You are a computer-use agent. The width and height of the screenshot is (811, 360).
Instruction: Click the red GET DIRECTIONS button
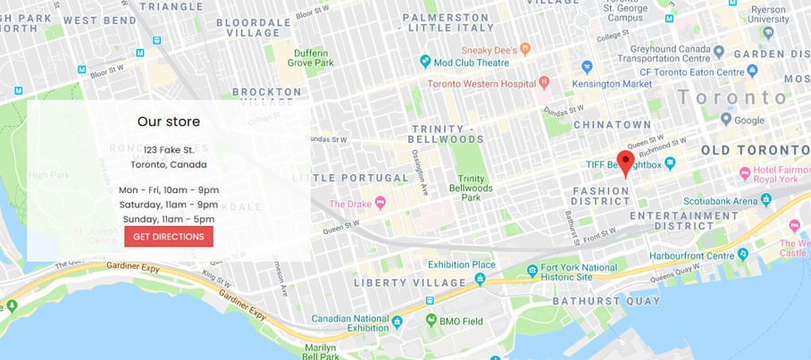click(169, 236)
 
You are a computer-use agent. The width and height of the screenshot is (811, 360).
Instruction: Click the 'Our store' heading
click(169, 121)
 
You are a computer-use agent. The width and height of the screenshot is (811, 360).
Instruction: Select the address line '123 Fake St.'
click(169, 149)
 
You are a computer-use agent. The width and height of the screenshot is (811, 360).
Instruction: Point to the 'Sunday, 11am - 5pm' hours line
click(169, 219)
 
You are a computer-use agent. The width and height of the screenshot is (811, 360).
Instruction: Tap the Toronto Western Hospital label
click(481, 82)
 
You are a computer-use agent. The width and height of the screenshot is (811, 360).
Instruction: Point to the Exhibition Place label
click(461, 264)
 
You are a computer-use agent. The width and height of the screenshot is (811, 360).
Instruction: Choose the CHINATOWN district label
click(612, 124)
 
